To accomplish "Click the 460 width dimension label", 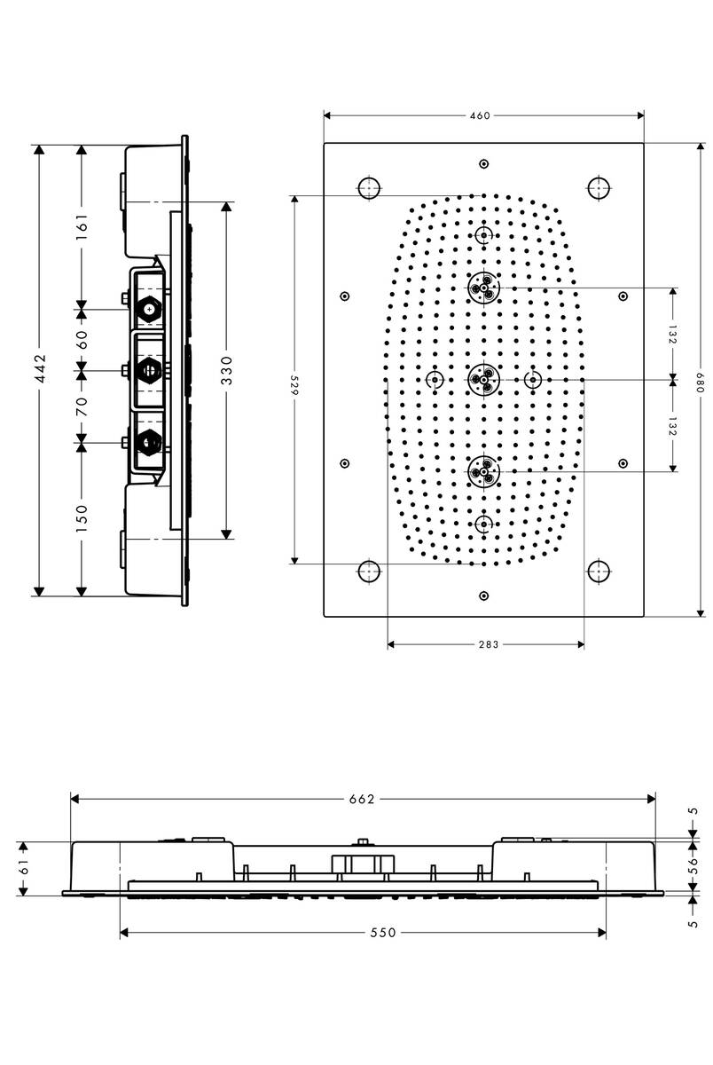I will point(481,115).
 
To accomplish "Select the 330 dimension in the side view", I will point(227,369).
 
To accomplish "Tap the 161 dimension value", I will point(81,225).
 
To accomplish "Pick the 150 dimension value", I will point(81,517).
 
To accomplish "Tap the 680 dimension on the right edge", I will point(701,379).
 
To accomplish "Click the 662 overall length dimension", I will point(363,799).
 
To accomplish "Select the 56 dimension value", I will point(693,867).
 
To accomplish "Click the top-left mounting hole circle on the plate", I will point(369,187).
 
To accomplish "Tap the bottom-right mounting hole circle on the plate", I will point(599,571).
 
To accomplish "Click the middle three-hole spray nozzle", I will point(483,379).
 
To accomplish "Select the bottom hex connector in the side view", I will point(149,440).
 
